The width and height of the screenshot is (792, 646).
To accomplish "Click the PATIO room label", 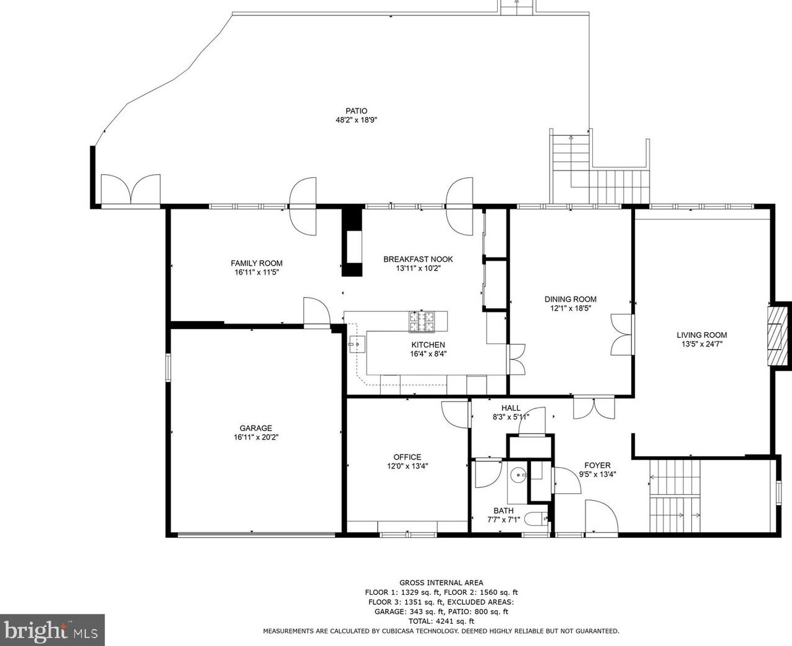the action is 356,111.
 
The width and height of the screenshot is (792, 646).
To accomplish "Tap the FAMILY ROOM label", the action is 257,263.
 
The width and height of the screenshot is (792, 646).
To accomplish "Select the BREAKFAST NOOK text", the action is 418,259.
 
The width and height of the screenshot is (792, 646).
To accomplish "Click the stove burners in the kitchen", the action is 422,322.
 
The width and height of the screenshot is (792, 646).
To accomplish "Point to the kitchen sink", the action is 357,344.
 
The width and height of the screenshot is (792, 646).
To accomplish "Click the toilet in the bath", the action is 535,519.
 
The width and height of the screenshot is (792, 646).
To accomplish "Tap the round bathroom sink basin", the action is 518,475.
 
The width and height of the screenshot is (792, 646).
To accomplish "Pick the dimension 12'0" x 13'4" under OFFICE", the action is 407,466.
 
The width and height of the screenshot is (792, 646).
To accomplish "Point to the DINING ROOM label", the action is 571,300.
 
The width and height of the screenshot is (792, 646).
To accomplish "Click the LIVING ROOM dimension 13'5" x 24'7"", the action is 702,345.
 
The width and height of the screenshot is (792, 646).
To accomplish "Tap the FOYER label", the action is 597,465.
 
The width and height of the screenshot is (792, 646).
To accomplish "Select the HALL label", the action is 511,408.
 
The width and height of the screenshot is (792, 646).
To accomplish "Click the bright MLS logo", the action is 52,630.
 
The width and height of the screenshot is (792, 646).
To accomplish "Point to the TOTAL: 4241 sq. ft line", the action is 441,621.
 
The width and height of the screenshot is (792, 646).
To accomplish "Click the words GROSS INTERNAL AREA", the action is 441,582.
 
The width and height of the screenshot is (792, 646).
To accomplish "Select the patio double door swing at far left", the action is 130,189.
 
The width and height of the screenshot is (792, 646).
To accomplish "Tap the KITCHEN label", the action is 428,345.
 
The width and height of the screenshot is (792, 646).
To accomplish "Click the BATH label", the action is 503,511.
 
